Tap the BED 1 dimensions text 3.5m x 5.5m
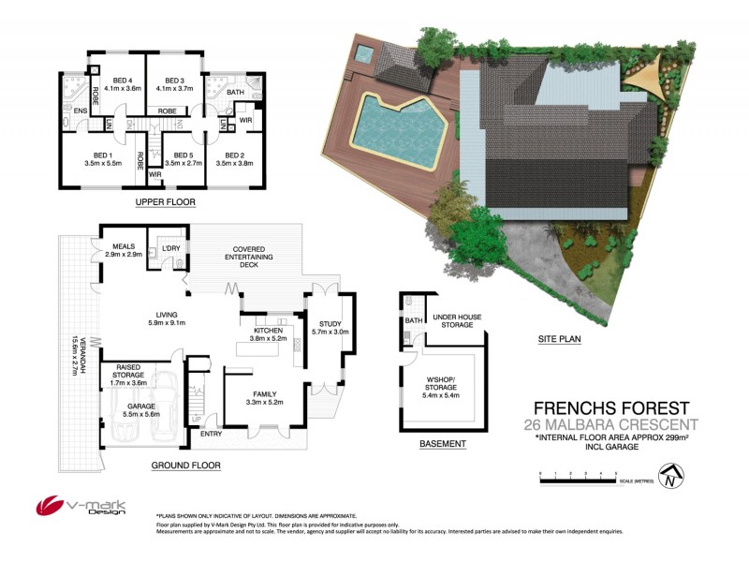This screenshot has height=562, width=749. coord(102,163)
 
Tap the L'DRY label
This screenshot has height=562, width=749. coord(170,247)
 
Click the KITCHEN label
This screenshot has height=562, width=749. coord(267,330)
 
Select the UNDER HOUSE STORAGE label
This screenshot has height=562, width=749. coord(457,321)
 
